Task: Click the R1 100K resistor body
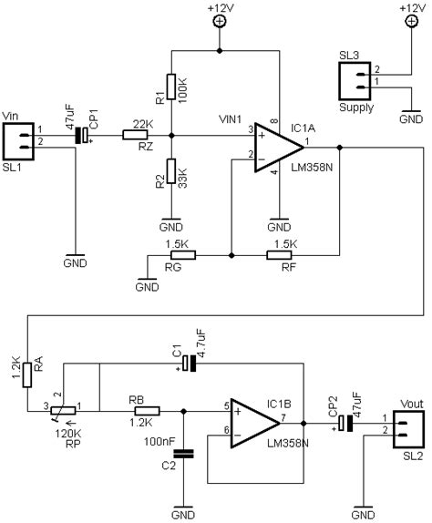[x=171, y=87]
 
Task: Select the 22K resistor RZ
[x=135, y=135]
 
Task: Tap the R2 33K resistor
[x=171, y=171]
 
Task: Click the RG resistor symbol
[x=183, y=255]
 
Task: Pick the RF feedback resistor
[x=279, y=255]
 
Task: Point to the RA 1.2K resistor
[x=27, y=374]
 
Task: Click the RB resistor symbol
[x=147, y=411]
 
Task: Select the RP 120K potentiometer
[x=64, y=411]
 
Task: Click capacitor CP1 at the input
[x=82, y=136]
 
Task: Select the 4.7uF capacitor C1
[x=189, y=363]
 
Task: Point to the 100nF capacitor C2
[x=183, y=454]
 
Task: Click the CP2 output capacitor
[x=345, y=424]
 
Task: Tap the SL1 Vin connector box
[x=18, y=141]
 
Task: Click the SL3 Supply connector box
[x=355, y=81]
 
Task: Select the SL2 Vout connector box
[x=409, y=430]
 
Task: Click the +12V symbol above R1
[x=219, y=22]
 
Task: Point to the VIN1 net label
[x=231, y=119]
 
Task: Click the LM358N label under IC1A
[x=312, y=168]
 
